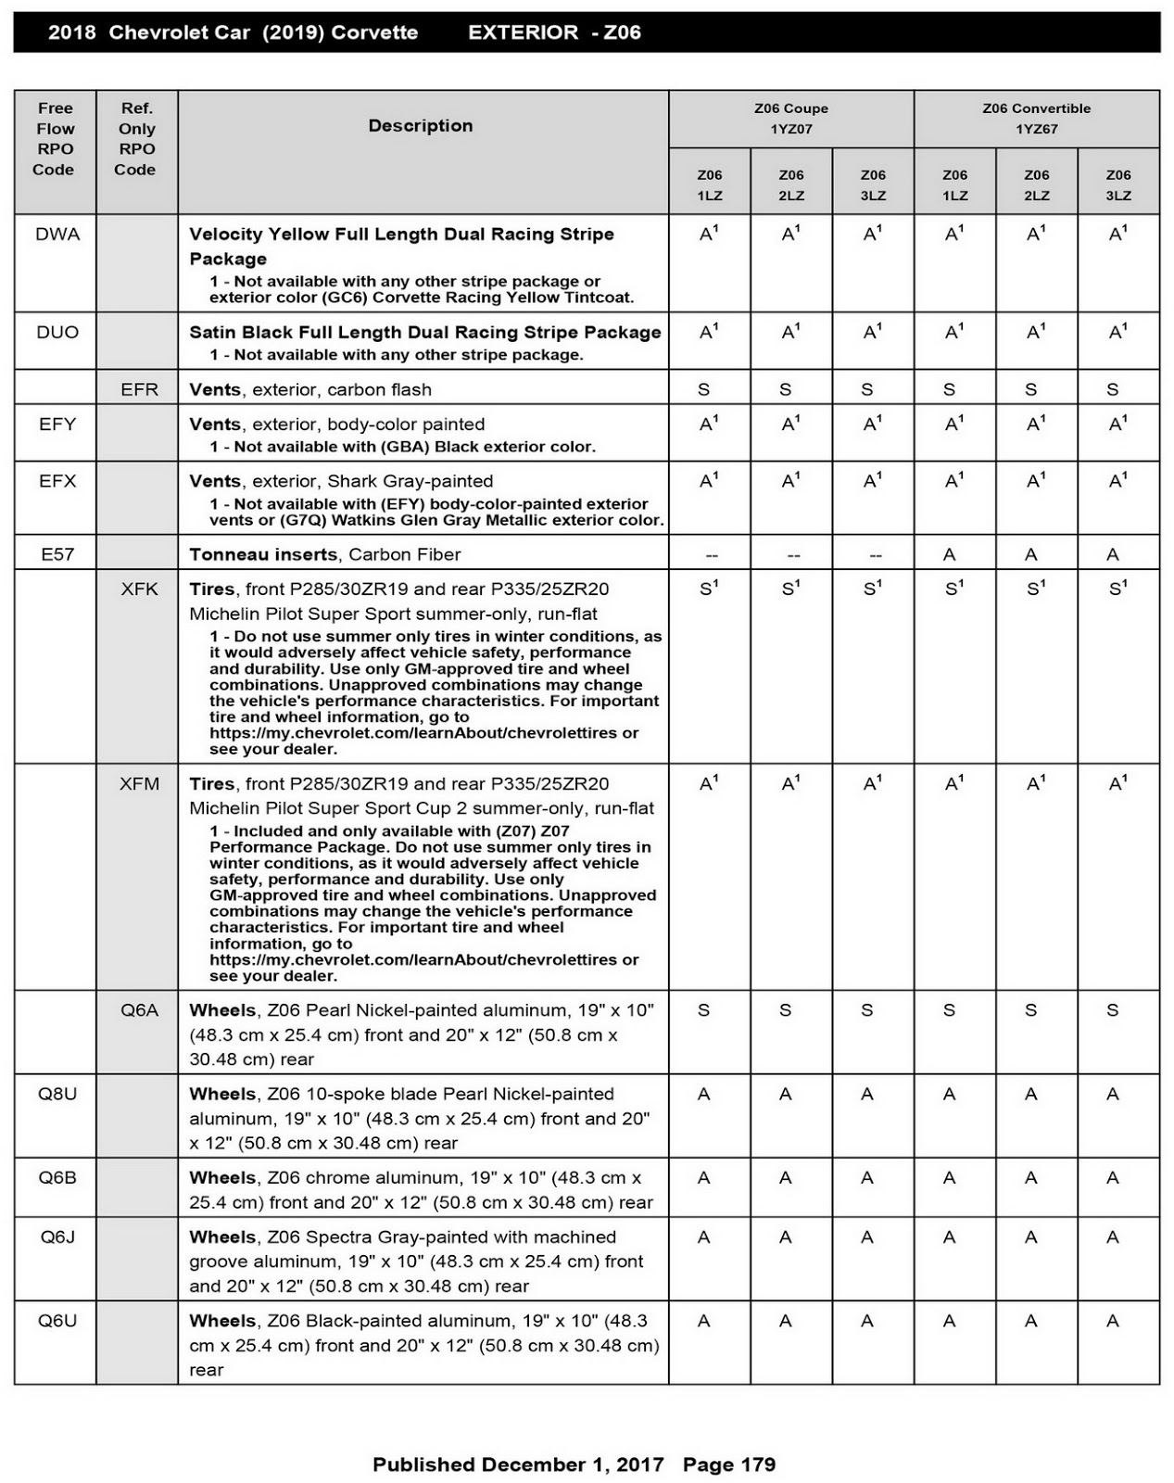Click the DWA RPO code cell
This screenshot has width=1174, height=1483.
click(x=57, y=234)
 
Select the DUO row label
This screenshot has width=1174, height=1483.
click(x=57, y=332)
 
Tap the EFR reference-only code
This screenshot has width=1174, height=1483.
click(x=139, y=389)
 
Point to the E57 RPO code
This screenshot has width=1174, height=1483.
click(x=57, y=554)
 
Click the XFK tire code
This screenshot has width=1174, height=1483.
click(x=139, y=589)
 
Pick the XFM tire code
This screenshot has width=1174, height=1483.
click(x=139, y=783)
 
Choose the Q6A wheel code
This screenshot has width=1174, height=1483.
click(x=139, y=1010)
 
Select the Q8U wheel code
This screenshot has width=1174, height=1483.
click(x=57, y=1094)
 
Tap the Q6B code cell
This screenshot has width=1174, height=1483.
click(x=57, y=1177)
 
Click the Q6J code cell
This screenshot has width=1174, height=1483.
click(x=57, y=1236)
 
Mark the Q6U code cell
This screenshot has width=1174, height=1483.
click(x=57, y=1321)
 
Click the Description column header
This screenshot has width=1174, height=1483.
click(x=421, y=126)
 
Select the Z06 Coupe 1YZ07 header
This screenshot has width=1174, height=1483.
click(x=791, y=119)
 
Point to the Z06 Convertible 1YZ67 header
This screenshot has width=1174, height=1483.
click(x=1036, y=119)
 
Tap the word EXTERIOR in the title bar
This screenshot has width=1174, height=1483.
click(x=523, y=32)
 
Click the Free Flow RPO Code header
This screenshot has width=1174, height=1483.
click(x=55, y=139)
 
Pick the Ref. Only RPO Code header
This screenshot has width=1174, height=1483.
click(x=135, y=139)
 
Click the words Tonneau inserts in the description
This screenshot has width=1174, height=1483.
click(x=263, y=554)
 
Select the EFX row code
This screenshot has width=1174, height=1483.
click(x=57, y=481)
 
